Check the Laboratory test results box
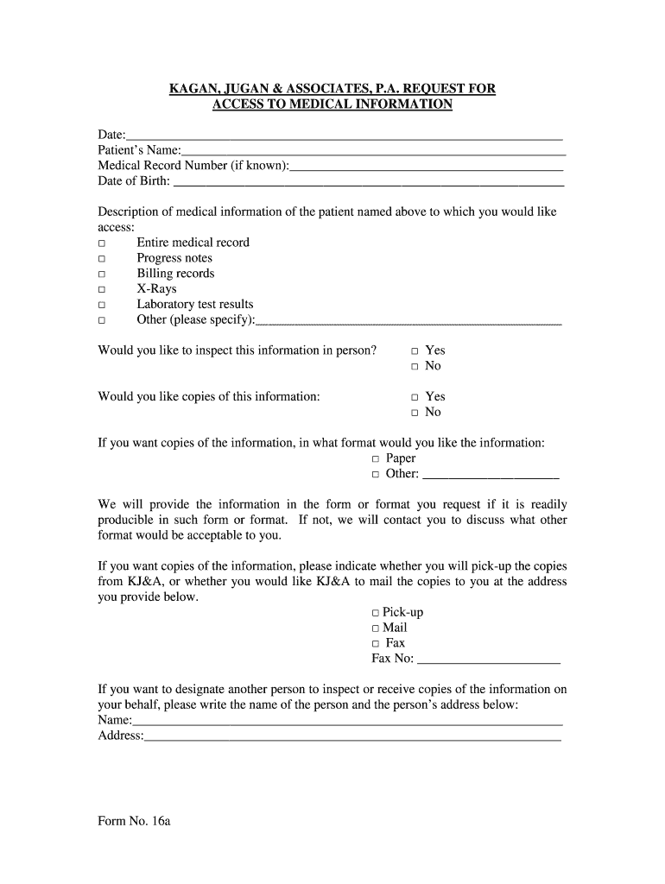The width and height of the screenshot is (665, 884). coord(102,306)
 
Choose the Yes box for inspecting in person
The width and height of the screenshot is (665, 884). coord(415,351)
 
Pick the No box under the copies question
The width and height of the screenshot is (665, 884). coord(415,414)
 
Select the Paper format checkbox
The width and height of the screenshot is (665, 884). coord(377,459)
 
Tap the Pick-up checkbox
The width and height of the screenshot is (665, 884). coord(376,613)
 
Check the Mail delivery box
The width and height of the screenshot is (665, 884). coord(376,628)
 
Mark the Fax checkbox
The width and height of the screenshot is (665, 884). coord(376,644)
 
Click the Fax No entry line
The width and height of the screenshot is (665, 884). coord(488,661)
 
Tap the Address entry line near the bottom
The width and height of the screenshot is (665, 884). coord(353,739)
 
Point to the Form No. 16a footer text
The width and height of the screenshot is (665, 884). coord(135,821)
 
